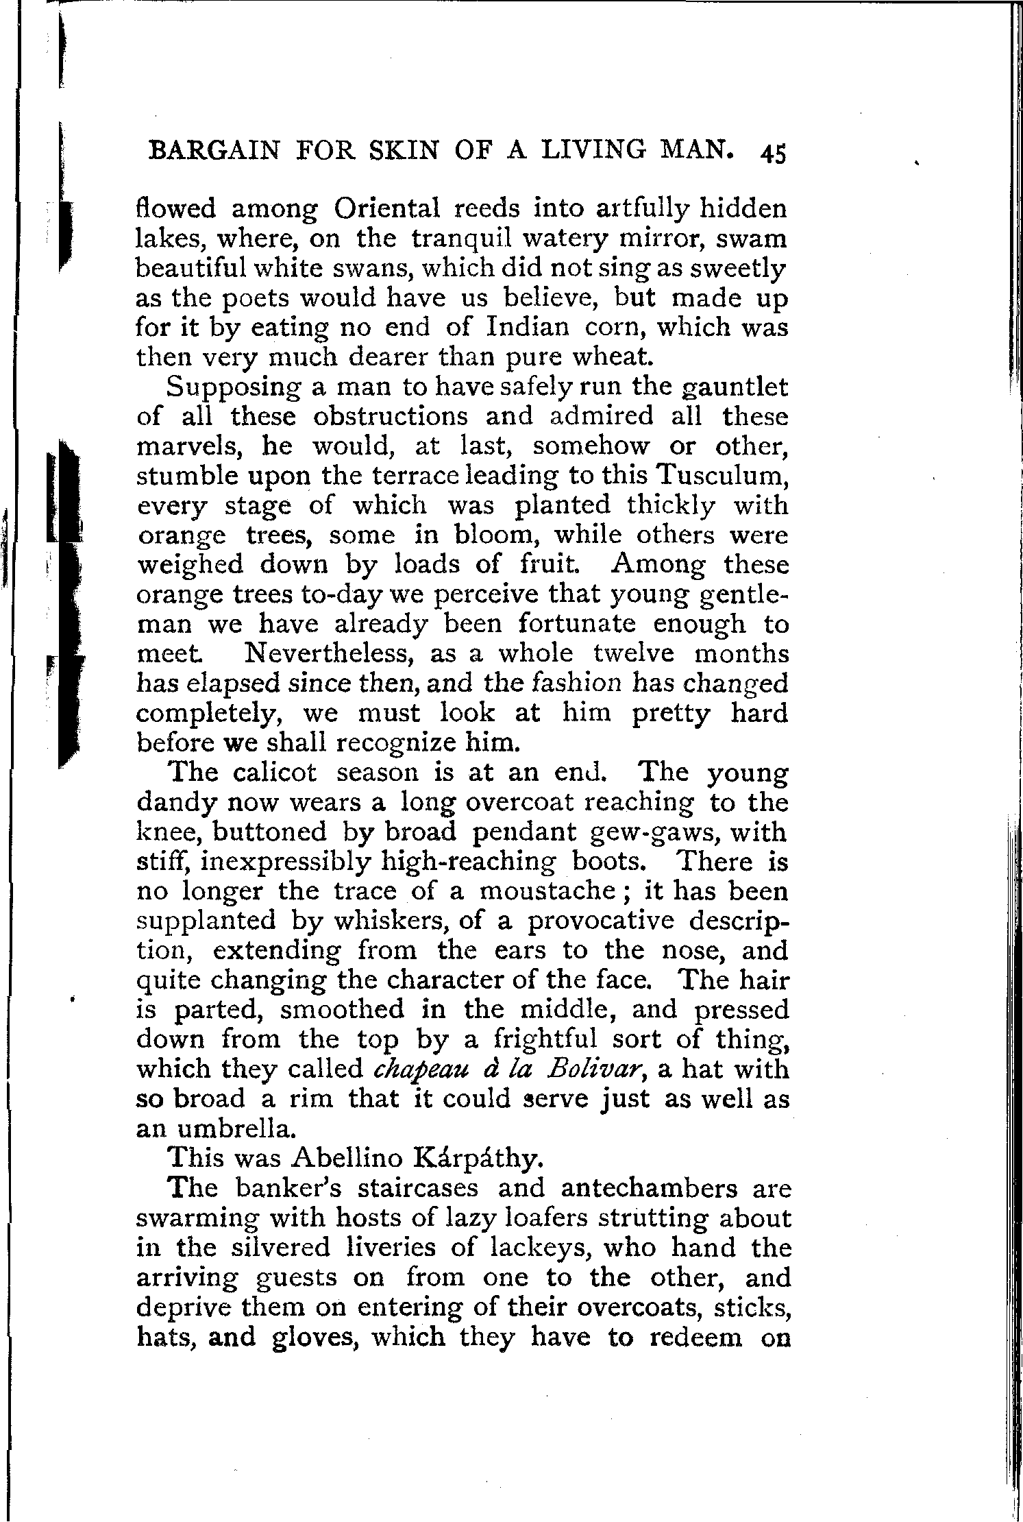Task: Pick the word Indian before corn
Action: tap(528, 327)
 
